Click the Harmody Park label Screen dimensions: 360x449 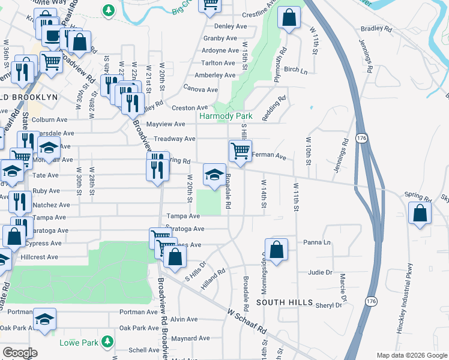coord(225,116)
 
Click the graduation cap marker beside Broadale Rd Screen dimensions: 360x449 coord(214,175)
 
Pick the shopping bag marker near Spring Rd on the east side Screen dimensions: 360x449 coord(420,214)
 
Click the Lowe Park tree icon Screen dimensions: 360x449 coord(107,341)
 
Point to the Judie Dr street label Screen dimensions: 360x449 coord(320,272)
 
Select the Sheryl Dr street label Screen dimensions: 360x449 coord(328,305)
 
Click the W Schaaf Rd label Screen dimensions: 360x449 coord(247,320)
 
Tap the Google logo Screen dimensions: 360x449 coord(19,353)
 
